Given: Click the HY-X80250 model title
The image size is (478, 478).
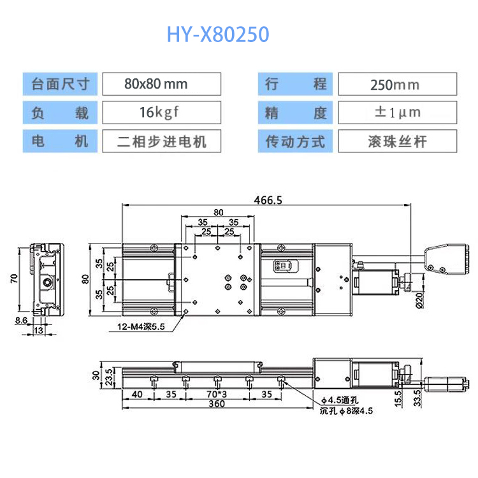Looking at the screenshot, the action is click(218, 34).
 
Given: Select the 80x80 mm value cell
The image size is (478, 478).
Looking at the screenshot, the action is click(162, 84).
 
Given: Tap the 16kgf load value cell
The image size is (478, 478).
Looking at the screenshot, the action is click(162, 112).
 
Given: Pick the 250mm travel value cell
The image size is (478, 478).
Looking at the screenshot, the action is click(398, 84).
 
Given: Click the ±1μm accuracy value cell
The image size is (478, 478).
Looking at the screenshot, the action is click(398, 112).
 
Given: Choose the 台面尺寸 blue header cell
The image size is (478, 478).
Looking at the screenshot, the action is click(60, 84).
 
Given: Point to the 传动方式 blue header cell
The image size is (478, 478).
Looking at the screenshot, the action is click(295, 141).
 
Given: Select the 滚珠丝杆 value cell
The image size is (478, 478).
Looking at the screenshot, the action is click(398, 141).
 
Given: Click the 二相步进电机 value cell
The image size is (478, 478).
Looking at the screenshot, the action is click(162, 141).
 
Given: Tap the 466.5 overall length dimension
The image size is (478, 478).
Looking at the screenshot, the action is click(268, 200).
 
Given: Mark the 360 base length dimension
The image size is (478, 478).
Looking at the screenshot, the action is click(217, 403).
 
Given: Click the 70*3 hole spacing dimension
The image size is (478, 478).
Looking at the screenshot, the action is click(217, 394).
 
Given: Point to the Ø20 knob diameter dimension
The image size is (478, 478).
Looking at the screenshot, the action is click(420, 301).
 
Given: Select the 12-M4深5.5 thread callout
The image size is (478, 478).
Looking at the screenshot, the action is click(141, 327).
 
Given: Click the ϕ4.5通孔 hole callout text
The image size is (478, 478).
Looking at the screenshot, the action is click(340, 400).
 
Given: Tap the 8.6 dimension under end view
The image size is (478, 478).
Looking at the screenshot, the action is click(21, 321).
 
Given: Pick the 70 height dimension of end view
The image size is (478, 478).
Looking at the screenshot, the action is click(14, 279).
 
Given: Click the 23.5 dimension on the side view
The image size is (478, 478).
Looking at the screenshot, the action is click(109, 377).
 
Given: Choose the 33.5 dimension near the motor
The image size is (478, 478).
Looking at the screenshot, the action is click(417, 398).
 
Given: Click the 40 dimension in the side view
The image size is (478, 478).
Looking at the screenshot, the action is click(137, 394).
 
